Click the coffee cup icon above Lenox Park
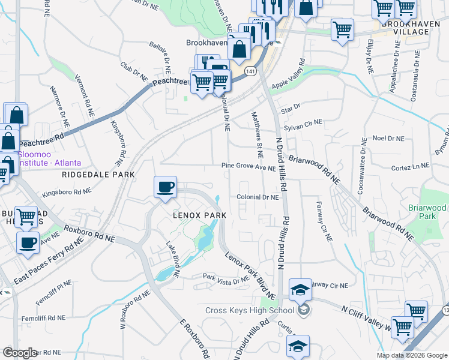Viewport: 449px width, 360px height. coord(166,187)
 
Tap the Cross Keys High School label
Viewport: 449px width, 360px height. coord(249,310)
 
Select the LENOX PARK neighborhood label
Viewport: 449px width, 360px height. coord(200,215)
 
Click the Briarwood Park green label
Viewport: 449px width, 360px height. coord(427,212)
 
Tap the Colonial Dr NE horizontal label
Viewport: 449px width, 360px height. coord(258,197)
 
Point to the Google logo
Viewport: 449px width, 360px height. coord(20,353)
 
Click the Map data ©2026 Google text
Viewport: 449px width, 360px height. coord(411,355)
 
